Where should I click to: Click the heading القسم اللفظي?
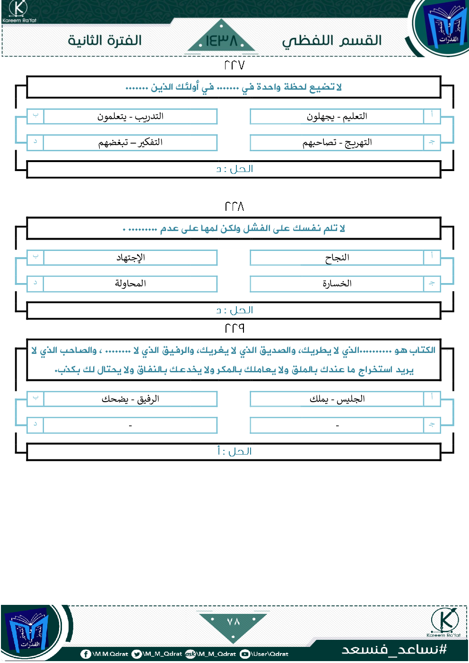click(332, 41)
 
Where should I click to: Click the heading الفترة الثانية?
click(104, 40)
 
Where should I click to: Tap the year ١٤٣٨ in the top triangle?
click(221, 41)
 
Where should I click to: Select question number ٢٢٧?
click(234, 65)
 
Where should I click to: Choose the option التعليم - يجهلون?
click(337, 116)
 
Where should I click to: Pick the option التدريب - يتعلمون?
click(130, 116)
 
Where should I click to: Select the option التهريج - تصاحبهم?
click(337, 142)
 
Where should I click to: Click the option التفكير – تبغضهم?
click(130, 142)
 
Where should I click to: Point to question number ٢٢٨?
click(234, 207)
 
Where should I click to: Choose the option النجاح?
click(337, 258)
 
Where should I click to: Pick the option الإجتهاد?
click(130, 258)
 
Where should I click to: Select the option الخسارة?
click(337, 284)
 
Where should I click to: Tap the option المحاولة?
click(130, 284)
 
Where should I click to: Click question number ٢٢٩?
click(234, 328)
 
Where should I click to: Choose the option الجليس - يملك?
click(337, 399)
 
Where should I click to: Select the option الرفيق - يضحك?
click(130, 399)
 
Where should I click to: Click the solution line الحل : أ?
click(234, 451)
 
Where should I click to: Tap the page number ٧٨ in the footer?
click(234, 621)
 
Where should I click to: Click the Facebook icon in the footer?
click(86, 654)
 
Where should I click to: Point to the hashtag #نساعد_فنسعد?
click(394, 649)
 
